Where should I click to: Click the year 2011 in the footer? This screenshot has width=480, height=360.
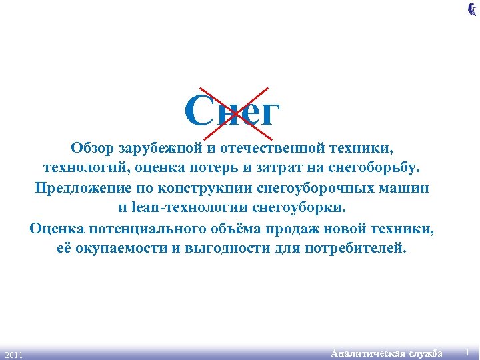(13, 354)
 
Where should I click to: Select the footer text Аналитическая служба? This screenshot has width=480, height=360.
(387, 353)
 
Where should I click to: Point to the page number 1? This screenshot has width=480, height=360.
(468, 352)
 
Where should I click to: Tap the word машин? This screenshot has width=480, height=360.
(406, 187)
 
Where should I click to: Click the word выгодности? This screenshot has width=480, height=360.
(225, 249)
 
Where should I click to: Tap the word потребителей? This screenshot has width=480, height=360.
(355, 249)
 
